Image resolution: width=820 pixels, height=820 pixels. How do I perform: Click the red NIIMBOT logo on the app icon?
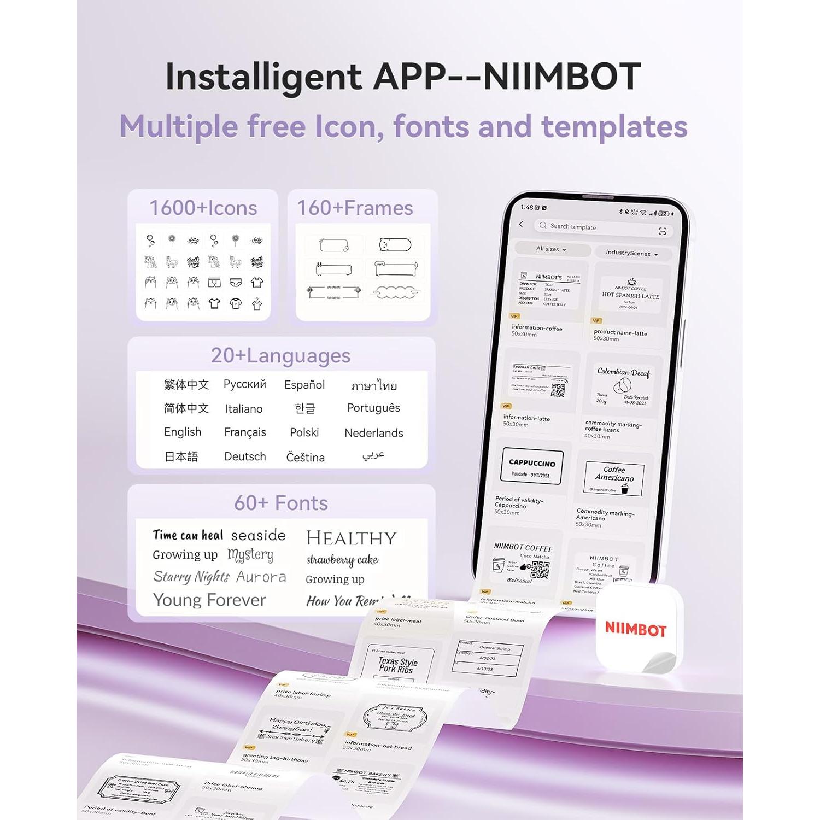click(635, 629)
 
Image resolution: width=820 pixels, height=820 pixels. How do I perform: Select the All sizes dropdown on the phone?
click(551, 249)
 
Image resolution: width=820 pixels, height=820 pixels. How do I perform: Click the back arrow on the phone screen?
click(522, 224)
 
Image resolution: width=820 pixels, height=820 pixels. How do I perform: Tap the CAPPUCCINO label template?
click(532, 467)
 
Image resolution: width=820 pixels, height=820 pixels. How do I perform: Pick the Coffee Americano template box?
click(614, 478)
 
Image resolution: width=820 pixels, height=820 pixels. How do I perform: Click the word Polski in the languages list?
click(304, 432)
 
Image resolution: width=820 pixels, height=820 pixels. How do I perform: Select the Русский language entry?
click(245, 384)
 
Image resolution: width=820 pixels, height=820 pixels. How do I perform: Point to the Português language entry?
click(373, 408)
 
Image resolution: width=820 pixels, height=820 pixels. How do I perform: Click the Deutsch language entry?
click(245, 456)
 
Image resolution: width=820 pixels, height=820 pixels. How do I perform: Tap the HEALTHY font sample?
click(351, 538)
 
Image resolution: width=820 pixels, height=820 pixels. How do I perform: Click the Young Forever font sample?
click(209, 600)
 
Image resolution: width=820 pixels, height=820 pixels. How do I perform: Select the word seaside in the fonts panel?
click(258, 535)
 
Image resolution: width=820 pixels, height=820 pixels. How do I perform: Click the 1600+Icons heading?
click(203, 208)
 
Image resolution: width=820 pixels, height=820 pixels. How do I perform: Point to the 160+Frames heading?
click(355, 208)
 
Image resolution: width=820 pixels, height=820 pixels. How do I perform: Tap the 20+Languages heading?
click(280, 356)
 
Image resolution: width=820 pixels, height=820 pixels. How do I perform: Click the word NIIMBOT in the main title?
click(562, 77)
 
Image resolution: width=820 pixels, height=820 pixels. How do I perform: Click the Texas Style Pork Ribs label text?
click(397, 665)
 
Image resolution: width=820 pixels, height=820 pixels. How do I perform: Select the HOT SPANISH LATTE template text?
click(630, 296)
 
